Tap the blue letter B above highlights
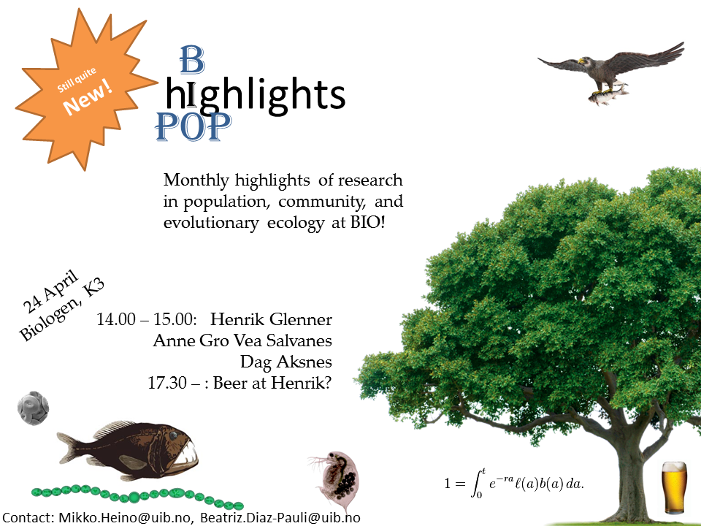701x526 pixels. [191, 61]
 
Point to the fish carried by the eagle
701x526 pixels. [605, 94]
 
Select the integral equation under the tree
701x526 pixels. [516, 483]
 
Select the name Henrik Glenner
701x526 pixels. [270, 320]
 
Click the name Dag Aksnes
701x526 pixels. [286, 362]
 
